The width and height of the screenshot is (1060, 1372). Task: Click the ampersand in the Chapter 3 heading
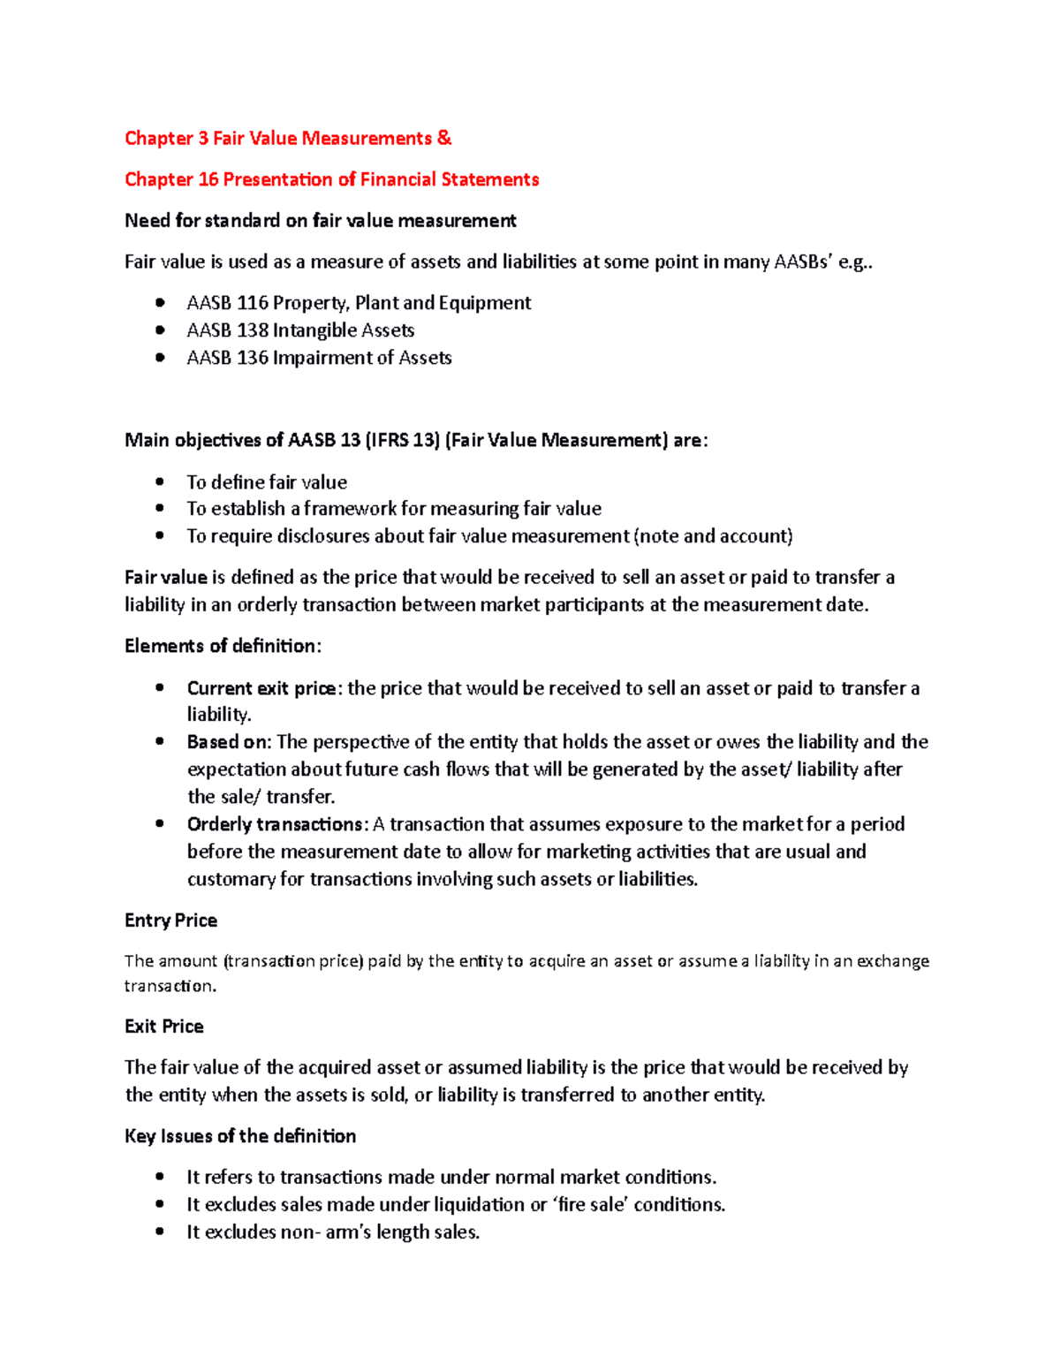point(444,138)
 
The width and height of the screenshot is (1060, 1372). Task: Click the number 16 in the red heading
point(208,179)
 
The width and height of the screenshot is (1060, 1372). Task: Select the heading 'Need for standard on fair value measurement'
point(320,221)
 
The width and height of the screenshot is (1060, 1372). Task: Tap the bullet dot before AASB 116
point(160,303)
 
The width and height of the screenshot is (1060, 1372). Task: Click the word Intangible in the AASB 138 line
point(316,330)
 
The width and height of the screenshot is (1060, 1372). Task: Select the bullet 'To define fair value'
point(267,482)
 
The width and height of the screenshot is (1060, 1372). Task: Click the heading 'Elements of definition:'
point(223,646)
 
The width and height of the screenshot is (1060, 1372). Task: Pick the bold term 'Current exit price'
point(261,688)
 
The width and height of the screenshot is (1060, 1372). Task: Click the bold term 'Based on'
point(228,742)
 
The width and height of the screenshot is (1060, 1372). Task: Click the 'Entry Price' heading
point(170,921)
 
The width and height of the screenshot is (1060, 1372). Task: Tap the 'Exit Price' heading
point(164,1027)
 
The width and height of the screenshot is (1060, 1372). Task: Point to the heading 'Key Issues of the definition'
point(240,1136)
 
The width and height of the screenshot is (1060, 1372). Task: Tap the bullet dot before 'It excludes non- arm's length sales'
point(160,1232)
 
